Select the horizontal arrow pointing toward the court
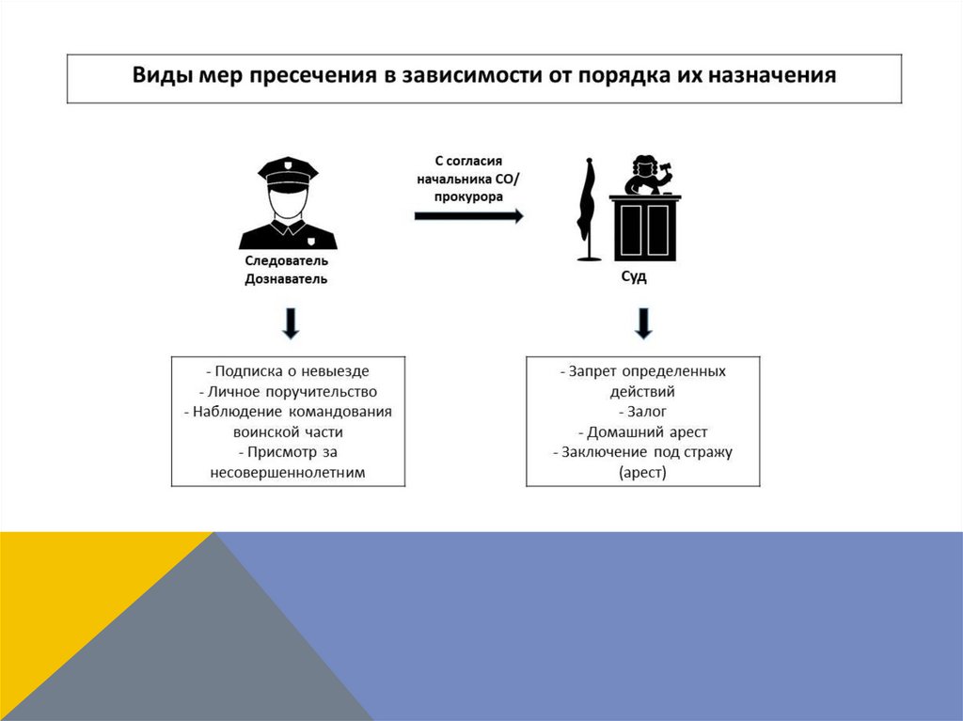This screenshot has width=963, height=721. [468, 215]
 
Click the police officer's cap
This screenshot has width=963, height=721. [288, 172]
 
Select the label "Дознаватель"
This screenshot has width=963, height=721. [287, 279]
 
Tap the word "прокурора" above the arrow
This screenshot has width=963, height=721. [468, 197]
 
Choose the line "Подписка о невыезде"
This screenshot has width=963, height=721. [289, 371]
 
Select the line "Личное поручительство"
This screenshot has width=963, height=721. [289, 391]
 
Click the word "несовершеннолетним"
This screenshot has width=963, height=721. [288, 473]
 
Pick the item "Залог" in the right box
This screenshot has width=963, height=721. [643, 412]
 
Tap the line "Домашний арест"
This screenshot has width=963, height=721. [643, 432]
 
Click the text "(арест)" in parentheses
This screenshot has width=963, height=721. [642, 473]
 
